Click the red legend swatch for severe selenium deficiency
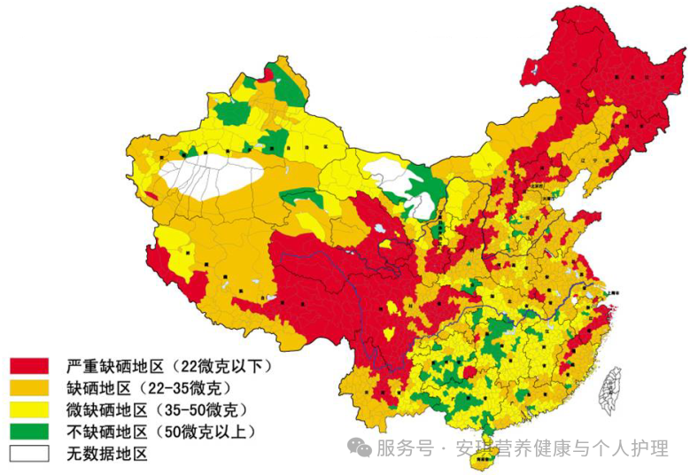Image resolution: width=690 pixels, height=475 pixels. point(28,365)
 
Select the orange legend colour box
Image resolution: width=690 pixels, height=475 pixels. point(28,387)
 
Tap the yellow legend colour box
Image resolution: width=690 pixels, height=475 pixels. point(28,409)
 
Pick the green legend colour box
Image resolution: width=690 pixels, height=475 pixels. point(28,432)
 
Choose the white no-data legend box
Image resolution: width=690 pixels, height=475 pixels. point(28,454)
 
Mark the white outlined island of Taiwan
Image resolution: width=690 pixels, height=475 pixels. point(611,391)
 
